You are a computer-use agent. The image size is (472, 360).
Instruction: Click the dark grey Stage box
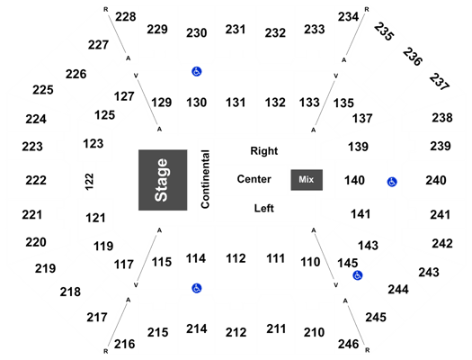pos(163,180)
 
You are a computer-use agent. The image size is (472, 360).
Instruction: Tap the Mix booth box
pos(307,180)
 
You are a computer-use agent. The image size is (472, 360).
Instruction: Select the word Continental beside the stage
pos(205,179)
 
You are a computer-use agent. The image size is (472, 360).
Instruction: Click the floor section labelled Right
pos(264,150)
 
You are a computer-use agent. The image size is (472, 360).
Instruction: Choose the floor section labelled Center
pos(254,179)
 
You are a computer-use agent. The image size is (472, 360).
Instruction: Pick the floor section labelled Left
pos(264,208)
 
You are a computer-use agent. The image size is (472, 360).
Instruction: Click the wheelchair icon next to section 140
pos(392,182)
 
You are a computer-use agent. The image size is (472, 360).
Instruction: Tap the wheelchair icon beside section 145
pos(358,275)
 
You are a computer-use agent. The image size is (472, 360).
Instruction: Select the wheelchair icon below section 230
pos(197,71)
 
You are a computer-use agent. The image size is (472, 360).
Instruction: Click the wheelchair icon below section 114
pos(197,288)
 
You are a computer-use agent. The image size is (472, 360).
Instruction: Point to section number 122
pos(89,182)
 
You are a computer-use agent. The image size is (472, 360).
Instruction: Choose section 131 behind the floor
pos(236,103)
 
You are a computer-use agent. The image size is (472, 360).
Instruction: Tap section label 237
pos(440,82)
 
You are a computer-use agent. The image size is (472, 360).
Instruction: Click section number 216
pos(125,344)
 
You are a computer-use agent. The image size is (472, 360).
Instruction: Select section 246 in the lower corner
pos(348,344)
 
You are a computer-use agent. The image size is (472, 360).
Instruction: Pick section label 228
pos(126,16)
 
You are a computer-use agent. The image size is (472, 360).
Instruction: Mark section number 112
pos(236,258)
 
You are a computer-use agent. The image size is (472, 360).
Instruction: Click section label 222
pos(36,181)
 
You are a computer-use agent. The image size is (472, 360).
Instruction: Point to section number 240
pos(436,181)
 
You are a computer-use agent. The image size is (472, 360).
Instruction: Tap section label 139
pos(358,147)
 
